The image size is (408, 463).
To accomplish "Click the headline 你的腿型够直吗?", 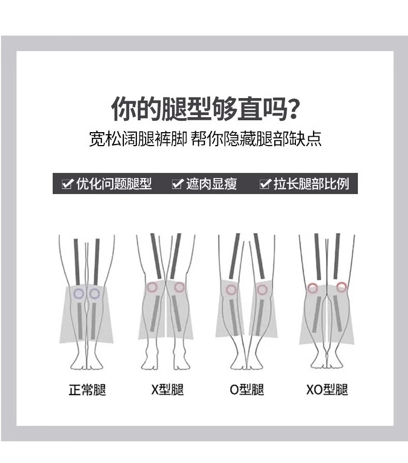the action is pyautogui.click(x=206, y=109).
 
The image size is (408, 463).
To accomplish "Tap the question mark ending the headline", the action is pyautogui.click(x=293, y=109).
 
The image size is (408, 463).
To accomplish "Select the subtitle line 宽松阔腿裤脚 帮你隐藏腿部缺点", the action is pyautogui.click(x=205, y=138).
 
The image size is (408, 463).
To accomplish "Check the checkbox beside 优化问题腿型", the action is pyautogui.click(x=67, y=184).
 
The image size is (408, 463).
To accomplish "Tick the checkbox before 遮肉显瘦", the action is pyautogui.click(x=177, y=184).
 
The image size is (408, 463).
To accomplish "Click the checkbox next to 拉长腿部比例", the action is pyautogui.click(x=265, y=184).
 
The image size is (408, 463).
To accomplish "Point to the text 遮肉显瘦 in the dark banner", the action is pyautogui.click(x=212, y=184).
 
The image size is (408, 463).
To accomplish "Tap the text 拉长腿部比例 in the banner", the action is pyautogui.click(x=311, y=184).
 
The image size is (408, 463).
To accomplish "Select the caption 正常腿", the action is pyautogui.click(x=87, y=390).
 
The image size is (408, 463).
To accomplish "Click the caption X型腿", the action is pyautogui.click(x=167, y=390).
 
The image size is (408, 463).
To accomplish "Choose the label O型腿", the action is pyautogui.click(x=247, y=390).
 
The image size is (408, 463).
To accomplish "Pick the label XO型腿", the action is pyautogui.click(x=327, y=390).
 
